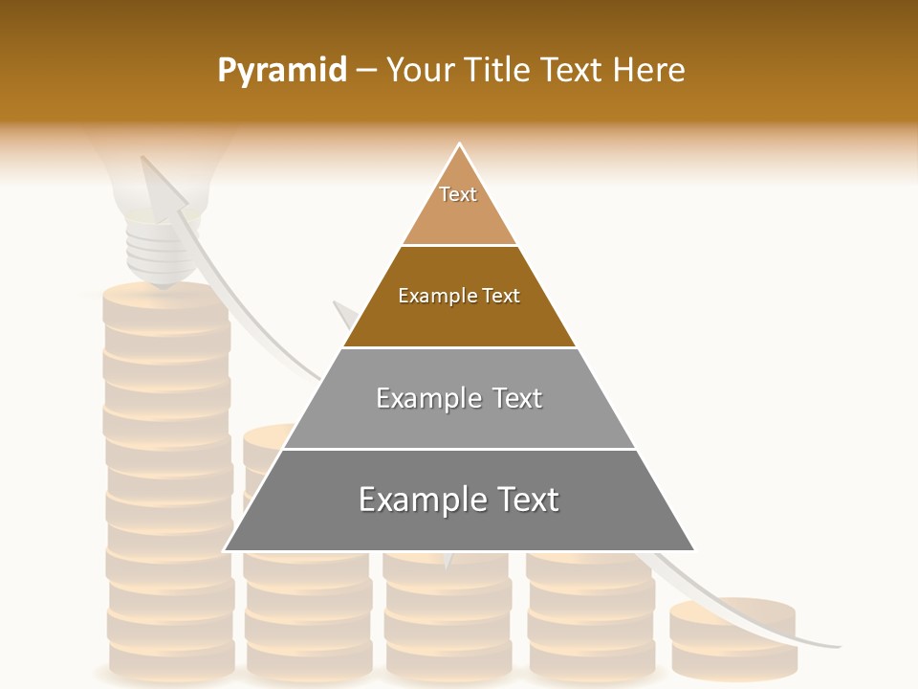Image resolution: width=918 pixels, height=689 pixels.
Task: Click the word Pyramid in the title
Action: tap(282, 71)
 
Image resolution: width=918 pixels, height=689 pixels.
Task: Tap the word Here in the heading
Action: tap(648, 70)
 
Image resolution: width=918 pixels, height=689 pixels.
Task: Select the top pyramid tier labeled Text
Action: tap(459, 206)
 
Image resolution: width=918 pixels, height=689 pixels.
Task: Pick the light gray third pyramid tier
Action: tap(459, 421)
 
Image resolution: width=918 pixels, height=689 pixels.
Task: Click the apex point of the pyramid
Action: tap(460, 145)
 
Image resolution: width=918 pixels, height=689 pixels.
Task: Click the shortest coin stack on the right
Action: tap(733, 636)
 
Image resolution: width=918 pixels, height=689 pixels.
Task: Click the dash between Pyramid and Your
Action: tap(366, 71)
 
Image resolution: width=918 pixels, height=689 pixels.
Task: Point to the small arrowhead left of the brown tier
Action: tap(345, 315)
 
